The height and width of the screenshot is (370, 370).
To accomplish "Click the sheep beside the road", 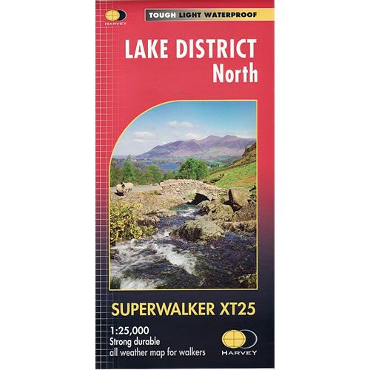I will [127, 187].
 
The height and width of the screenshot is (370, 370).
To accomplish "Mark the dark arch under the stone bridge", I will [200, 198].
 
